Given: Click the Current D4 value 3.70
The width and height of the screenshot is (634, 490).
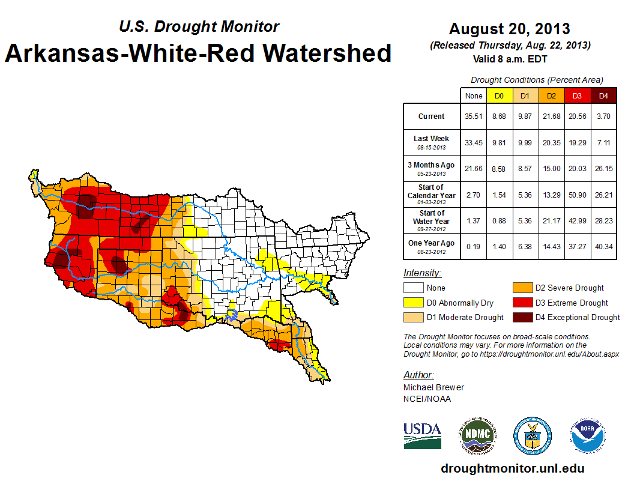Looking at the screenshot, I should pyautogui.click(x=603, y=116).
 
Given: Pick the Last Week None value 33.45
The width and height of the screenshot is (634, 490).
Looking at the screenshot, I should pyautogui.click(x=474, y=142).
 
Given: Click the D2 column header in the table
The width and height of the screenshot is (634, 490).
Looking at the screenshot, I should pyautogui.click(x=551, y=96).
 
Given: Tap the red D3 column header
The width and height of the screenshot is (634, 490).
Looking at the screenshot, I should pyautogui.click(x=577, y=96).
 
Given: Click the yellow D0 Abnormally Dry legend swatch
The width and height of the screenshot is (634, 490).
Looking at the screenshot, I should pyautogui.click(x=414, y=303).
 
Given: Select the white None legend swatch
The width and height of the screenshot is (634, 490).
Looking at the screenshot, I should pyautogui.click(x=414, y=288).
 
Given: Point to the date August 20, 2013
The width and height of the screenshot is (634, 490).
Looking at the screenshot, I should pyautogui.click(x=509, y=29).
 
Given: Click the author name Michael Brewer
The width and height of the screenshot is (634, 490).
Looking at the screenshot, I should pyautogui.click(x=433, y=387).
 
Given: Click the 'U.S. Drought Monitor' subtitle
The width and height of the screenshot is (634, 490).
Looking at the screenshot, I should pyautogui.click(x=199, y=26).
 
